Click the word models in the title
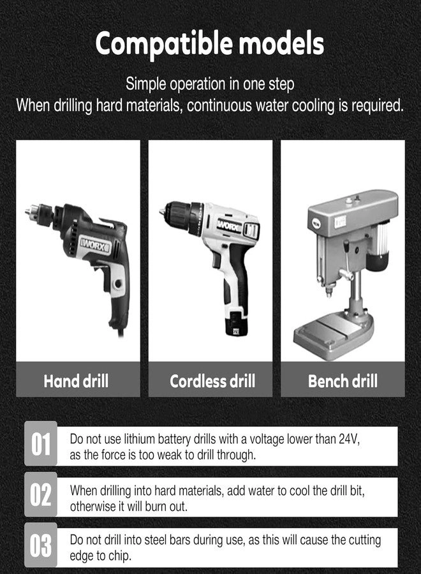pos(281,44)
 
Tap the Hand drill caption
pos(76,381)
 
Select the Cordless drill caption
pos(212,381)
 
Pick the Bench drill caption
pos(343,381)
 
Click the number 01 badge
pos(41,444)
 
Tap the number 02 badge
pos(41,495)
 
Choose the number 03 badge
pos(41,546)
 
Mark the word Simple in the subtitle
pos(145,84)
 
